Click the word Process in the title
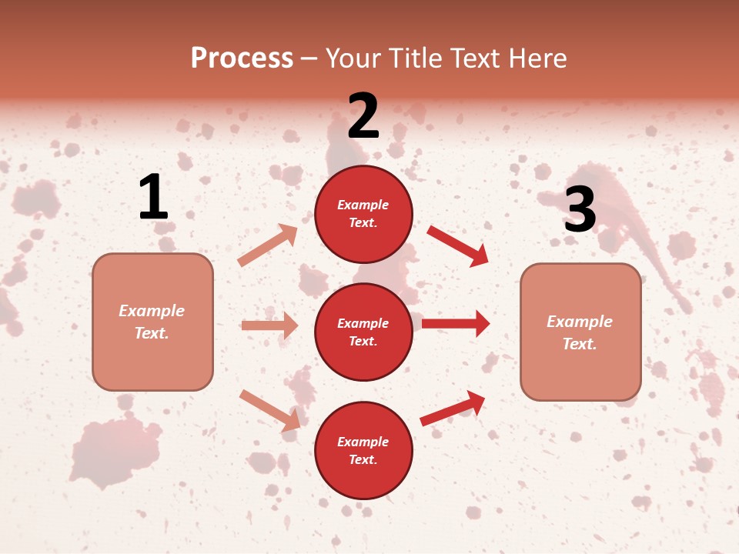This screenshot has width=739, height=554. (242, 58)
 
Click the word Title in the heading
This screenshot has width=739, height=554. (412, 58)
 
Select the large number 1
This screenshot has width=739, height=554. (153, 198)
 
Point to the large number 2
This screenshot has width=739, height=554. (363, 116)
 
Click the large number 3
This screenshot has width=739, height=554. (580, 209)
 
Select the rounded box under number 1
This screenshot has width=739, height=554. (152, 322)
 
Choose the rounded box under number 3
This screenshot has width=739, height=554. (580, 332)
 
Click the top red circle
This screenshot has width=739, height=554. (363, 214)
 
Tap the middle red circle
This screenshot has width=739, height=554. (363, 332)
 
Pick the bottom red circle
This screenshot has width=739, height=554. (363, 451)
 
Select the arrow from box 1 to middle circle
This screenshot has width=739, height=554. (269, 325)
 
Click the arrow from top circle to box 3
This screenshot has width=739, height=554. (457, 245)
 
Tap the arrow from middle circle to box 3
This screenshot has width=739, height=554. (456, 324)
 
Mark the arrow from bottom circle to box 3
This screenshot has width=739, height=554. (453, 409)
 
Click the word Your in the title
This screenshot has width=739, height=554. (352, 58)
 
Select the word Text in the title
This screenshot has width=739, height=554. (473, 58)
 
